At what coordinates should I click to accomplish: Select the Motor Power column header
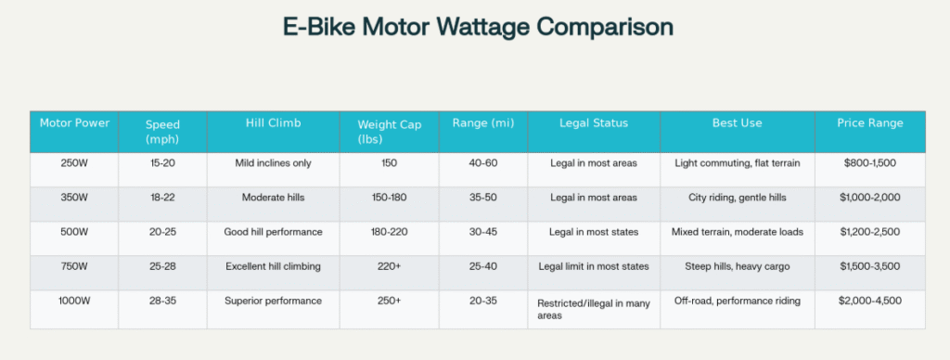75,123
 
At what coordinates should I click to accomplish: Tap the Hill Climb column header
273,123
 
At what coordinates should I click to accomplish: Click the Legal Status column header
594,123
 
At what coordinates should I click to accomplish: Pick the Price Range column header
869,123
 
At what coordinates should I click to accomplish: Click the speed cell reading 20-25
162,232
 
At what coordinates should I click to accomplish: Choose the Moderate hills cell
273,198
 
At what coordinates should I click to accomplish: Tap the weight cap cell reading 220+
389,267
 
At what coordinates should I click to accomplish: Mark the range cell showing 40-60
482,163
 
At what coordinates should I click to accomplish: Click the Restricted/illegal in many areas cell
594,309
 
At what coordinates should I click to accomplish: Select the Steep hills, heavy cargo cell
737,267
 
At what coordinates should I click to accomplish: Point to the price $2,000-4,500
869,302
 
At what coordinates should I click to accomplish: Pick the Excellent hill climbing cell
273,267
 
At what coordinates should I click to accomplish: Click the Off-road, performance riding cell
737,302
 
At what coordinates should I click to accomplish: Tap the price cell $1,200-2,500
869,232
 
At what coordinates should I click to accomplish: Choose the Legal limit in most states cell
594,267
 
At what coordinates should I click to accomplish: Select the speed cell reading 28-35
162,302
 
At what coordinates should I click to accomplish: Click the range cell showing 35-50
482,198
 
